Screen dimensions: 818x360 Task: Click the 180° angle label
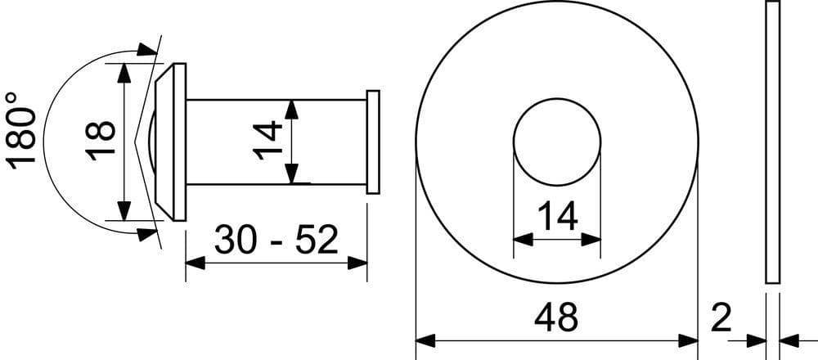21,130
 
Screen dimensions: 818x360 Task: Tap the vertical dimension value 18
100,141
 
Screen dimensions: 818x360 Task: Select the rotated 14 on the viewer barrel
267,140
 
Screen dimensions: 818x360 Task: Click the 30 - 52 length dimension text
276,240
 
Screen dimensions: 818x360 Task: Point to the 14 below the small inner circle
557,216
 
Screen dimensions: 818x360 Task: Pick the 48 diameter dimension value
556,317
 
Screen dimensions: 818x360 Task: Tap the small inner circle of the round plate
557,98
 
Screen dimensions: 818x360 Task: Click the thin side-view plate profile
773,142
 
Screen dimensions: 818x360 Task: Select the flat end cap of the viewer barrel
373,142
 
